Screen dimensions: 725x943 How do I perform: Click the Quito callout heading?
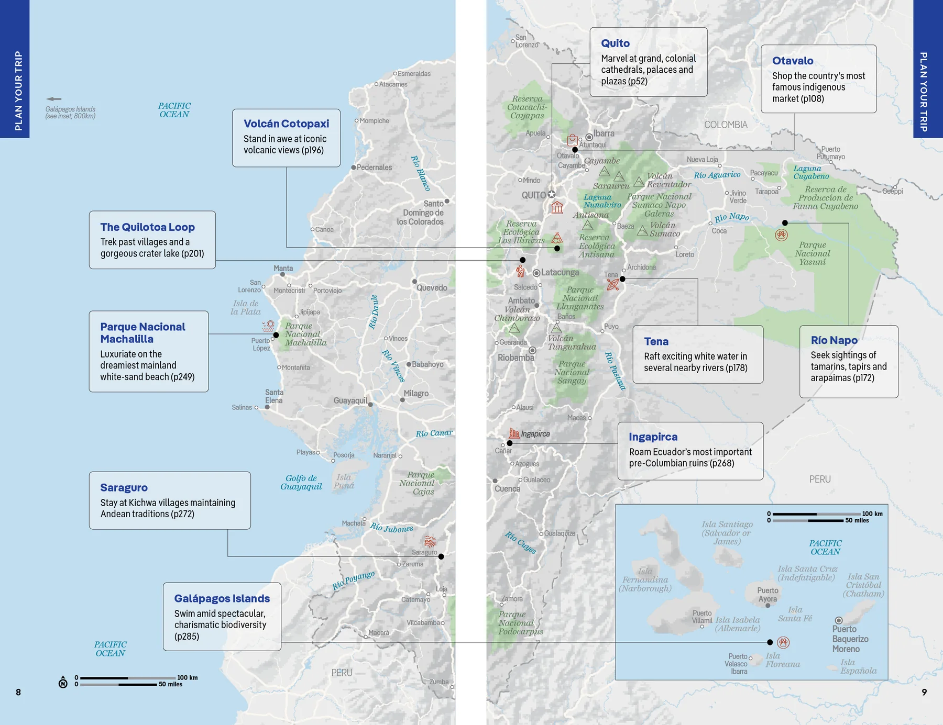pyautogui.click(x=615, y=43)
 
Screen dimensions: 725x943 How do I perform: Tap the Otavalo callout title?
pyautogui.click(x=793, y=61)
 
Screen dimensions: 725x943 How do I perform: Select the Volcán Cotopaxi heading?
pyautogui.click(x=286, y=124)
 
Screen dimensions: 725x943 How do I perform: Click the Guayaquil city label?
pyautogui.click(x=350, y=400)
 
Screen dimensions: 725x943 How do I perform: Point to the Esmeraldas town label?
pyautogui.click(x=414, y=74)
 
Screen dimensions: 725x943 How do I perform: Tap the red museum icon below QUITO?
pyautogui.click(x=557, y=208)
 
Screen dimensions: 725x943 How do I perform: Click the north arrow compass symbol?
pyautogui.click(x=63, y=682)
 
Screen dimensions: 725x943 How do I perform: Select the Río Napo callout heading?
pyautogui.click(x=834, y=340)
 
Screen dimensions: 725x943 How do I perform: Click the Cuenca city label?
pyautogui.click(x=507, y=489)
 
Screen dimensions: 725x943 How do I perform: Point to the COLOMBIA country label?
pyautogui.click(x=726, y=125)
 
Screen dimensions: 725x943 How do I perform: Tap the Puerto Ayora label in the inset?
pyautogui.click(x=767, y=595)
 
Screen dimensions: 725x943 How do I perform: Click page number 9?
pyautogui.click(x=924, y=692)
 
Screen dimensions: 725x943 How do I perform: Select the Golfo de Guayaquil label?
pyautogui.click(x=301, y=482)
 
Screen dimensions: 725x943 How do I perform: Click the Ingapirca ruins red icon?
pyautogui.click(x=514, y=433)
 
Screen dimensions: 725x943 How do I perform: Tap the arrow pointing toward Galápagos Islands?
pyautogui.click(x=53, y=99)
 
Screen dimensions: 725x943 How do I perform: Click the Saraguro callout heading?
pyautogui.click(x=124, y=487)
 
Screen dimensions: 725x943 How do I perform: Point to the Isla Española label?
pyautogui.click(x=858, y=666)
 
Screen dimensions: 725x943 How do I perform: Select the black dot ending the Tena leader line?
pyautogui.click(x=622, y=279)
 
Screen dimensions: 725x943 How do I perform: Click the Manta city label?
pyautogui.click(x=283, y=268)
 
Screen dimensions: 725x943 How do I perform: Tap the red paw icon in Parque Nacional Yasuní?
pyautogui.click(x=781, y=235)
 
